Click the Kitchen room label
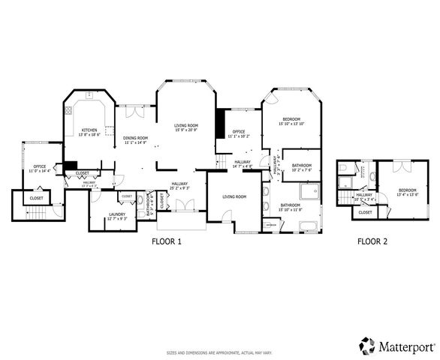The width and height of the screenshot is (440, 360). coord(89,130)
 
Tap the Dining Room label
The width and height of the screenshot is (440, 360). coord(136,138)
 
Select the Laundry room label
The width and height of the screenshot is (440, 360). coord(116,214)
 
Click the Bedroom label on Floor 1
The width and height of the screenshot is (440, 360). coord(291,120)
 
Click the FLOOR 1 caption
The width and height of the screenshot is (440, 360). coord(167,241)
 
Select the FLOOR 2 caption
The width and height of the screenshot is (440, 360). coord(372,241)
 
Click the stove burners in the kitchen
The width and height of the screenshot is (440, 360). coord(68,109)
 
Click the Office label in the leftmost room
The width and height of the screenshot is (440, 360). coord(40,166)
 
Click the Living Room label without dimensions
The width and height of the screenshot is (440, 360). coord(234,196)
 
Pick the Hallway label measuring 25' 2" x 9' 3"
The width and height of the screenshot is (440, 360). coord(179,187)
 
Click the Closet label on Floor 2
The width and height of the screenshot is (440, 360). coord(365,212)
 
